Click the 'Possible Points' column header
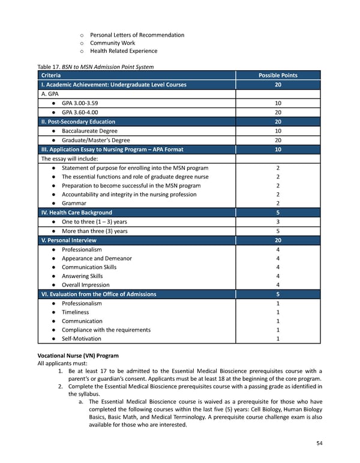tap(277, 76)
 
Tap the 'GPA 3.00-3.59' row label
tap(83, 103)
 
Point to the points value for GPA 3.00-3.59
tap(278, 103)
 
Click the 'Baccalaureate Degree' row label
tap(89, 131)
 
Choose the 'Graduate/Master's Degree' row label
tap(95, 140)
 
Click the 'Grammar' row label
tap(74, 204)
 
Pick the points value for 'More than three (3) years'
tap(278, 231)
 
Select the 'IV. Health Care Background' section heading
tap(76, 213)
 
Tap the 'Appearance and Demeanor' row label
tap(97, 258)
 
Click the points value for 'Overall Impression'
tap(278, 285)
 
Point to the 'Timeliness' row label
tap(75, 312)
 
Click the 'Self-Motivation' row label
tap(82, 339)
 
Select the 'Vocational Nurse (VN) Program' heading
tap(77, 356)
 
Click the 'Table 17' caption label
tap(51, 67)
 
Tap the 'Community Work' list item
tap(112, 43)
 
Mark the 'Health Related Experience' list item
tap(124, 51)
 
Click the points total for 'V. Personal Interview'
tap(278, 240)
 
